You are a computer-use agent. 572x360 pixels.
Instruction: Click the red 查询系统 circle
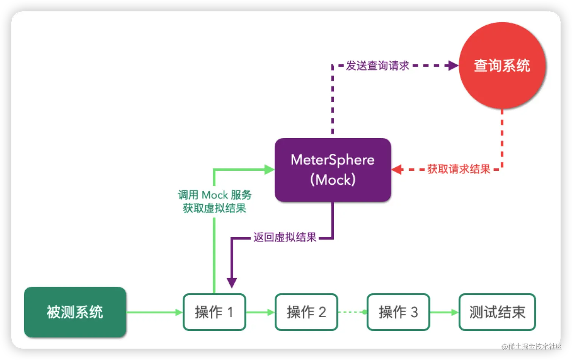pyautogui.click(x=502, y=65)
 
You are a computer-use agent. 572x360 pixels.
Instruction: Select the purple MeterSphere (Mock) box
pyautogui.click(x=333, y=170)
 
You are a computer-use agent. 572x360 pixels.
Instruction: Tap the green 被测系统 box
pyautogui.click(x=75, y=312)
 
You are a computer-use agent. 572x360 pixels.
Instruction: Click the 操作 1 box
pyautogui.click(x=214, y=312)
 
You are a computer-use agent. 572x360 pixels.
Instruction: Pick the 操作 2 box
pyautogui.click(x=306, y=312)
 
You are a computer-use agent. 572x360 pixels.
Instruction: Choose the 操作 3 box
pyautogui.click(x=398, y=312)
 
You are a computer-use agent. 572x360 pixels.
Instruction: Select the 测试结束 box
pyautogui.click(x=497, y=312)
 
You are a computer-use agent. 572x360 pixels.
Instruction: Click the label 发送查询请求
pyautogui.click(x=377, y=65)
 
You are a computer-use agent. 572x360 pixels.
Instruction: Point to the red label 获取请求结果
pyautogui.click(x=459, y=169)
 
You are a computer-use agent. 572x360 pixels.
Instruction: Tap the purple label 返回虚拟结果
pyautogui.click(x=285, y=237)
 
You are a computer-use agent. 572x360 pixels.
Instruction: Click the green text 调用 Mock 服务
pyautogui.click(x=214, y=195)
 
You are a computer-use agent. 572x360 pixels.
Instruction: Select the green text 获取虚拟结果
pyautogui.click(x=214, y=208)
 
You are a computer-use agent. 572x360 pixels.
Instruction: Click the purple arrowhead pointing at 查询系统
pyautogui.click(x=453, y=65)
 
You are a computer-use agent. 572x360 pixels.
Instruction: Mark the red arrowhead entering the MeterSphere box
pyautogui.click(x=397, y=169)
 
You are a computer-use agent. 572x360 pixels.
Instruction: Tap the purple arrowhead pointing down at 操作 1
pyautogui.click(x=232, y=282)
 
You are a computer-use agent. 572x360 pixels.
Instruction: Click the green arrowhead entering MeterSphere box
pyautogui.click(x=269, y=169)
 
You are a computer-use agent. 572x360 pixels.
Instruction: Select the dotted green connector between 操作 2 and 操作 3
pyautogui.click(x=352, y=312)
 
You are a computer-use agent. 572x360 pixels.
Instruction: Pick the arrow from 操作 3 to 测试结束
pyautogui.click(x=444, y=312)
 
